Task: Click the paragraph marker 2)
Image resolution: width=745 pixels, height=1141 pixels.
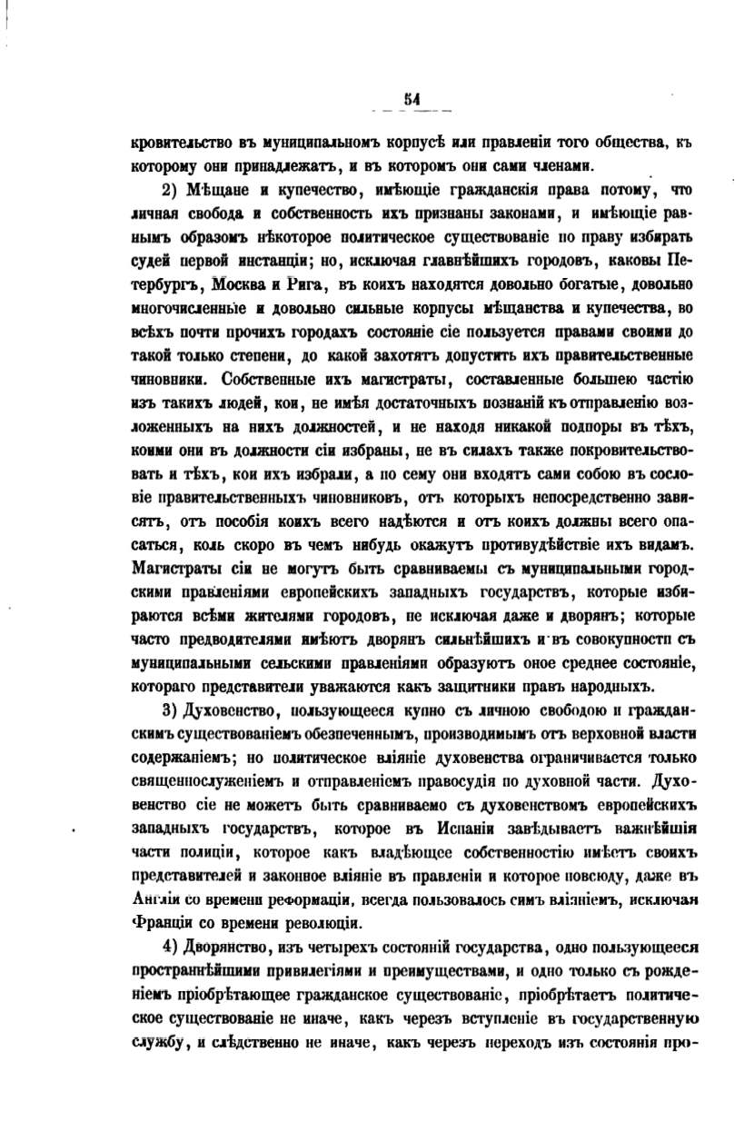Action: (x=172, y=190)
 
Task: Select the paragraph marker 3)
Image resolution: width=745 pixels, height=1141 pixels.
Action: (x=172, y=707)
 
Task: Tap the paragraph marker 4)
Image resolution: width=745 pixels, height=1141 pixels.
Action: (x=172, y=948)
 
